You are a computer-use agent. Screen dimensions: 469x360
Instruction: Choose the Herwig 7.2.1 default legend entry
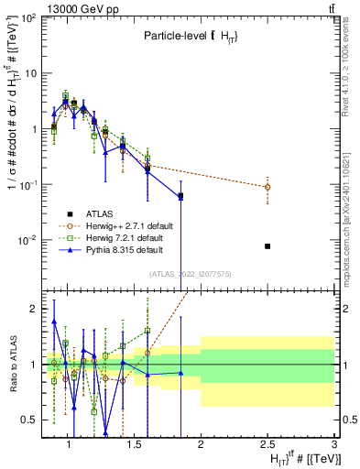[121, 238]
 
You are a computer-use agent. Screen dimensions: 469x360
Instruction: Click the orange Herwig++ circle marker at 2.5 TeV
[267, 187]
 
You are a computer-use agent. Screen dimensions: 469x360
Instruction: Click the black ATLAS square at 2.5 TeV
[267, 246]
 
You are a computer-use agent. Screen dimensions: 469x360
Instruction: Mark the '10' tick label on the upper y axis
[27, 72]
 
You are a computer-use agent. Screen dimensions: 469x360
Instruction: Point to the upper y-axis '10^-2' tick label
[25, 240]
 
